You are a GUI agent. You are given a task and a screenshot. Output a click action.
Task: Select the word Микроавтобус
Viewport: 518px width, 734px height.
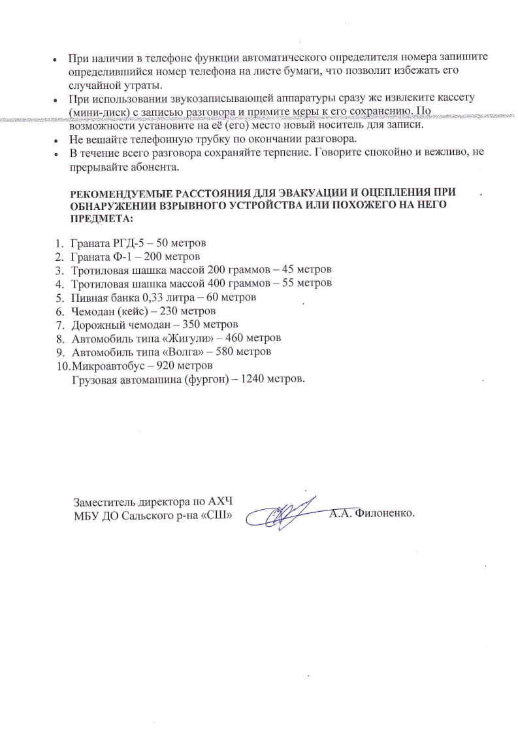pyautogui.click(x=105, y=365)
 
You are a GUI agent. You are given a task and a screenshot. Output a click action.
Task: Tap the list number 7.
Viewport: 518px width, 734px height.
pyautogui.click(x=59, y=325)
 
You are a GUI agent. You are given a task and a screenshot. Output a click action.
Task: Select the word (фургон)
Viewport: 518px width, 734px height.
pyautogui.click(x=197, y=378)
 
